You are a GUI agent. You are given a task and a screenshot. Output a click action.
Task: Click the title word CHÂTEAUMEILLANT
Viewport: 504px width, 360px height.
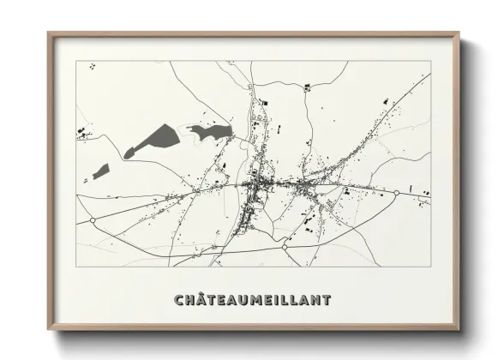click(x=252, y=300)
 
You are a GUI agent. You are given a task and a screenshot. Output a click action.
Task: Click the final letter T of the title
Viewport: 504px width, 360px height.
click(x=326, y=300)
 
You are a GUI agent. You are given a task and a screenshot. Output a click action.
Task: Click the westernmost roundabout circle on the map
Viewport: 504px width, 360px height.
click(x=93, y=220)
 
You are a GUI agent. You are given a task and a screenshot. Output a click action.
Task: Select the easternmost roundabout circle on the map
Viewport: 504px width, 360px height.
click(x=397, y=194)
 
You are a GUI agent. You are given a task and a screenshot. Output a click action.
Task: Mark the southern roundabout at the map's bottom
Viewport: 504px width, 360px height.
click(x=285, y=247)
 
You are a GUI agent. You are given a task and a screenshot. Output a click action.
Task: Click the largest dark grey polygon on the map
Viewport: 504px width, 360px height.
click(x=154, y=139)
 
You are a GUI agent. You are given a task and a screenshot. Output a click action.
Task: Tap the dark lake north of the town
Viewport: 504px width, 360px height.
click(x=210, y=131)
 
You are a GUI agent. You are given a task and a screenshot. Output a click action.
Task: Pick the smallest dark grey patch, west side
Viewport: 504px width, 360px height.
click(x=101, y=171)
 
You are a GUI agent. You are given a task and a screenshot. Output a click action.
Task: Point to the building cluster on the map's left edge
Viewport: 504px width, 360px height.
click(x=83, y=132)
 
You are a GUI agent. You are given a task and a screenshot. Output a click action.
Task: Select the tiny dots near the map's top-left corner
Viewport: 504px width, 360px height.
click(x=92, y=65)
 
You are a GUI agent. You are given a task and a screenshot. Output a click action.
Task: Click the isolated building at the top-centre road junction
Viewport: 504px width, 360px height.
click(x=264, y=104)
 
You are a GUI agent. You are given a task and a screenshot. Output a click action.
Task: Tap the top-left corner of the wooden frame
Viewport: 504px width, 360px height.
click(x=49, y=33)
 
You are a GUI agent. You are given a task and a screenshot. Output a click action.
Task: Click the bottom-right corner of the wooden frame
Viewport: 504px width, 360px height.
click(x=459, y=328)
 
